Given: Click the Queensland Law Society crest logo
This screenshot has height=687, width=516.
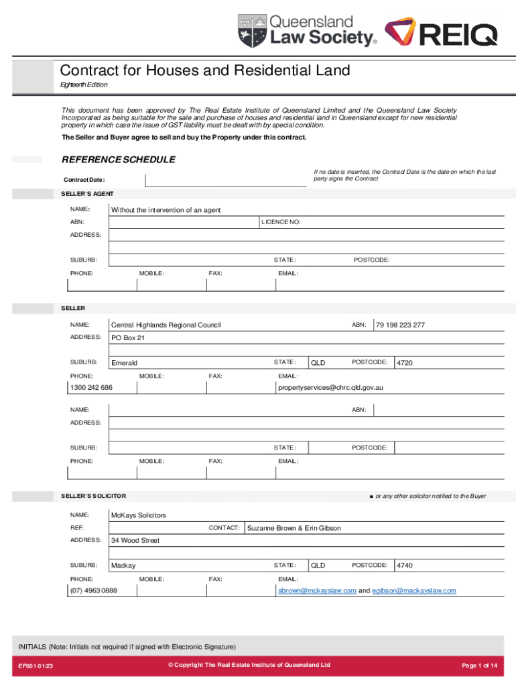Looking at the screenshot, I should click(x=253, y=31).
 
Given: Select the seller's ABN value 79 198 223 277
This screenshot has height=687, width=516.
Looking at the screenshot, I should click(x=400, y=325).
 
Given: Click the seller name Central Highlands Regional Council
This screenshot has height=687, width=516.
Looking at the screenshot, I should click(x=166, y=325).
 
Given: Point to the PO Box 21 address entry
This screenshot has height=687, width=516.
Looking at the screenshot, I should click(x=128, y=338).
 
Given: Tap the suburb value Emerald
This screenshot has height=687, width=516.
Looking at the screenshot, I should click(x=124, y=363).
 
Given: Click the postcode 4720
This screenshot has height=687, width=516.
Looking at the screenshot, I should click(x=405, y=363).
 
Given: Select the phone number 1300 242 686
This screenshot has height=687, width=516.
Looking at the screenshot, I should click(x=91, y=388).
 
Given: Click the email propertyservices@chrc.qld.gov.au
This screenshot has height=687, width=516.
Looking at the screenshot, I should click(x=330, y=388).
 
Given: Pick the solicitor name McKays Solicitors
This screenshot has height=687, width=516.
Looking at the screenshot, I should click(x=139, y=515).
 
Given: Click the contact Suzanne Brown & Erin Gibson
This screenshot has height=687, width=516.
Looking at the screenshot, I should click(x=294, y=529).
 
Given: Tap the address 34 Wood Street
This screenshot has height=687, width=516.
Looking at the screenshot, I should click(x=135, y=541).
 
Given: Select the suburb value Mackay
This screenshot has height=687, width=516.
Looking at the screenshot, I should click(x=123, y=566).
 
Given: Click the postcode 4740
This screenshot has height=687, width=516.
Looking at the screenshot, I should click(x=405, y=566).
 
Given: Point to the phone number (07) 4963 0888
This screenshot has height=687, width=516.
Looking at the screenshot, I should click(x=94, y=590).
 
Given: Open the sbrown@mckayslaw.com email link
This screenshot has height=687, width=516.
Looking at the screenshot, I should click(x=317, y=590).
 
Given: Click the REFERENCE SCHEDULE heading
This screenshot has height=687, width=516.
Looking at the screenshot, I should click(x=119, y=160).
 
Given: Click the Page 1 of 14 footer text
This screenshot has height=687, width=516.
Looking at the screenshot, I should click(x=479, y=666).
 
